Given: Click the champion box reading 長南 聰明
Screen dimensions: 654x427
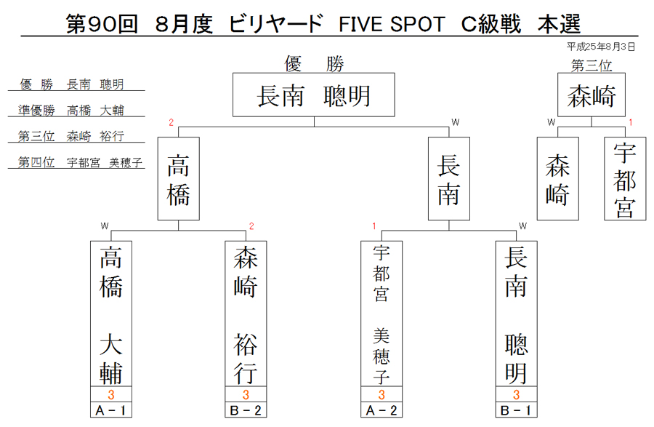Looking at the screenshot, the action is coord(314,95).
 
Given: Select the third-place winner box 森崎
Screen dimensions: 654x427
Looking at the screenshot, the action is coord(592,95).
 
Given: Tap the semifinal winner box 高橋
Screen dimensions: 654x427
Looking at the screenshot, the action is coord(179,179).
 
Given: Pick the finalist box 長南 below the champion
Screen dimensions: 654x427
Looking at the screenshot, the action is coord(449,179).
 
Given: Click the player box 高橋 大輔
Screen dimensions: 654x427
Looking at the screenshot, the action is coord(111,314).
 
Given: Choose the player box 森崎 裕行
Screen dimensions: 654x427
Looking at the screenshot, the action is coord(246,314).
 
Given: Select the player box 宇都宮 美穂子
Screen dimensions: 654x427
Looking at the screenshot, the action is coord(381,314).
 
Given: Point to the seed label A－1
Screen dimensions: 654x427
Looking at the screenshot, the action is coord(111,410).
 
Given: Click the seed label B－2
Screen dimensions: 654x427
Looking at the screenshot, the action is coord(246,410).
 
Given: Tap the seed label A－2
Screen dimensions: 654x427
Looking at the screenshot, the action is coord(381,410).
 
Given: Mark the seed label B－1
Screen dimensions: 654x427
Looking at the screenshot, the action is coord(517,410).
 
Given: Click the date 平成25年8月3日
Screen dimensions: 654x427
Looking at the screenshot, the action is coord(601,47).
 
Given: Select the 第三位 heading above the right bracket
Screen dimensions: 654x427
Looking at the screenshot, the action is coord(592,65).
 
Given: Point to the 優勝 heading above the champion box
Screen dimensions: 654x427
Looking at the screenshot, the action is coord(314,64).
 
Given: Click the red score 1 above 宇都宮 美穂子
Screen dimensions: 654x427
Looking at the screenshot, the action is coord(374,226).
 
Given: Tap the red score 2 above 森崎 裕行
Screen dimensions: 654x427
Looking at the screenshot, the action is coord(251,226).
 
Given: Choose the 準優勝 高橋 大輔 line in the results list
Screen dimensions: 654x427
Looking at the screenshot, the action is coord(71,110).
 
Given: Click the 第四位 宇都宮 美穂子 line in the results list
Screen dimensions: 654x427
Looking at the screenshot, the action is coord(80,162).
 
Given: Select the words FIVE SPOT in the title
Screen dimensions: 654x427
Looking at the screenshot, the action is coord(392,24).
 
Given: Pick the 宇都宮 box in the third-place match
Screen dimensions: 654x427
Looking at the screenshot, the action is coord(625,179).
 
